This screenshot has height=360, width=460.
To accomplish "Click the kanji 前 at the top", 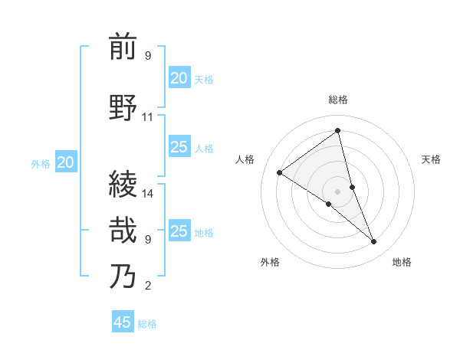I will tap(123, 47).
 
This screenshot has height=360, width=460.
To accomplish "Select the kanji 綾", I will tap(123, 185).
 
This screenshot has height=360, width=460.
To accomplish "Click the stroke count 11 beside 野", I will tap(148, 117).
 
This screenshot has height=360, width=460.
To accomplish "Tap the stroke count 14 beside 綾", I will tap(148, 194).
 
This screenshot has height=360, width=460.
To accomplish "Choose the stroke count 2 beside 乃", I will tap(148, 286).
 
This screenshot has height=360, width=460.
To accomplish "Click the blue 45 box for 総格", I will tap(123, 322).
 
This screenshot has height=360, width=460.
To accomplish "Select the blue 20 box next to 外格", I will tap(66, 162).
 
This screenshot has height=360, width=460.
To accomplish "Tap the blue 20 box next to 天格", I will tap(179, 78).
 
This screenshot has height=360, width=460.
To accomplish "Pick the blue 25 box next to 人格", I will tap(179, 147).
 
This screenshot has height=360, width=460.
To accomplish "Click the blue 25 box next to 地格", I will tap(179, 231).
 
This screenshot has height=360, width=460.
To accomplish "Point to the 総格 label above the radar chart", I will tap(338, 100).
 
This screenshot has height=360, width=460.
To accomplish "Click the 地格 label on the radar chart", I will tap(402, 262).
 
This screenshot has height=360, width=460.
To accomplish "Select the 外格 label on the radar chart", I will tap(270, 262).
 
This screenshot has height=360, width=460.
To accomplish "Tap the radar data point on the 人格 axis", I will tap(280, 172).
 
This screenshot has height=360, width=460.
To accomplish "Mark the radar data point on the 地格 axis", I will tap(374, 242).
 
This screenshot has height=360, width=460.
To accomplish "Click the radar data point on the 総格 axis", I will tap(338, 131).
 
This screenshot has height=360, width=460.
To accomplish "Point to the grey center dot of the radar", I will tap(338, 191).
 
